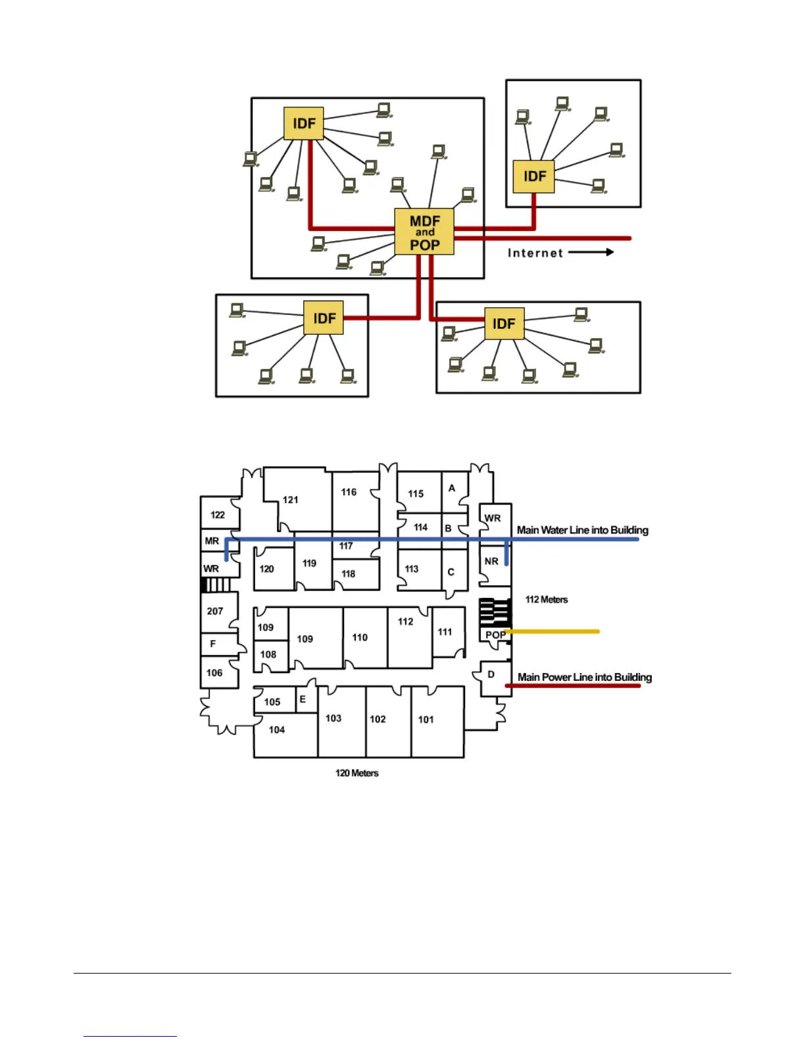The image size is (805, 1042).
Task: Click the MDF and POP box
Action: pos(424,232)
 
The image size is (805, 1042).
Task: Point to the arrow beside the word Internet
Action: pos(591,252)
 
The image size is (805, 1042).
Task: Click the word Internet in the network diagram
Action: pos(535,253)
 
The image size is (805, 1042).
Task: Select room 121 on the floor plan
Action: pos(291,500)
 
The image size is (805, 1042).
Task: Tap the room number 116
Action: pos(349,492)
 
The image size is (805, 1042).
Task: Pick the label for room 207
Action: pos(215,611)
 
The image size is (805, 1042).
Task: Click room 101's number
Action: pos(426,720)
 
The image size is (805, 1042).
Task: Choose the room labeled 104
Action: pos(277,730)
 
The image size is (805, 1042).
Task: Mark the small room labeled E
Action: pos(303,699)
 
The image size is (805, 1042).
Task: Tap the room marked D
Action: pos(491,675)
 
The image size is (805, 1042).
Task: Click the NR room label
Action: pos(491,561)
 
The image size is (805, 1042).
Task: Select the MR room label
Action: pos(212,541)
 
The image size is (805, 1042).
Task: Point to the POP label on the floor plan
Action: pos(495,635)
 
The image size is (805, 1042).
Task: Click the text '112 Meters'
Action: pos(546,599)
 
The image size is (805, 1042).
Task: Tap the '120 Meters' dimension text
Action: pos(357,773)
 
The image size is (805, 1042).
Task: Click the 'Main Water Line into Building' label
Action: pos(582,530)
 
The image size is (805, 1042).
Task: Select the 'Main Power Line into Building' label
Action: pos(584,677)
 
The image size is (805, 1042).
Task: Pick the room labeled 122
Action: pos(218,515)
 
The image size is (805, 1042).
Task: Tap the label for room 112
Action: pos(406,622)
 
